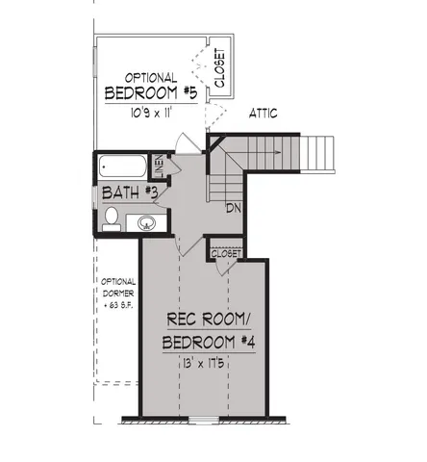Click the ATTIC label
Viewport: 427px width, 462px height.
264,114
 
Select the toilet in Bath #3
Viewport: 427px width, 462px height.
112,217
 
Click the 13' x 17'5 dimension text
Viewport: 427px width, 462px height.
207,365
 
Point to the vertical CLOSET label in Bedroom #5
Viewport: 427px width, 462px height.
219,68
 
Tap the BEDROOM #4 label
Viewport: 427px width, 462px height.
207,343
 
